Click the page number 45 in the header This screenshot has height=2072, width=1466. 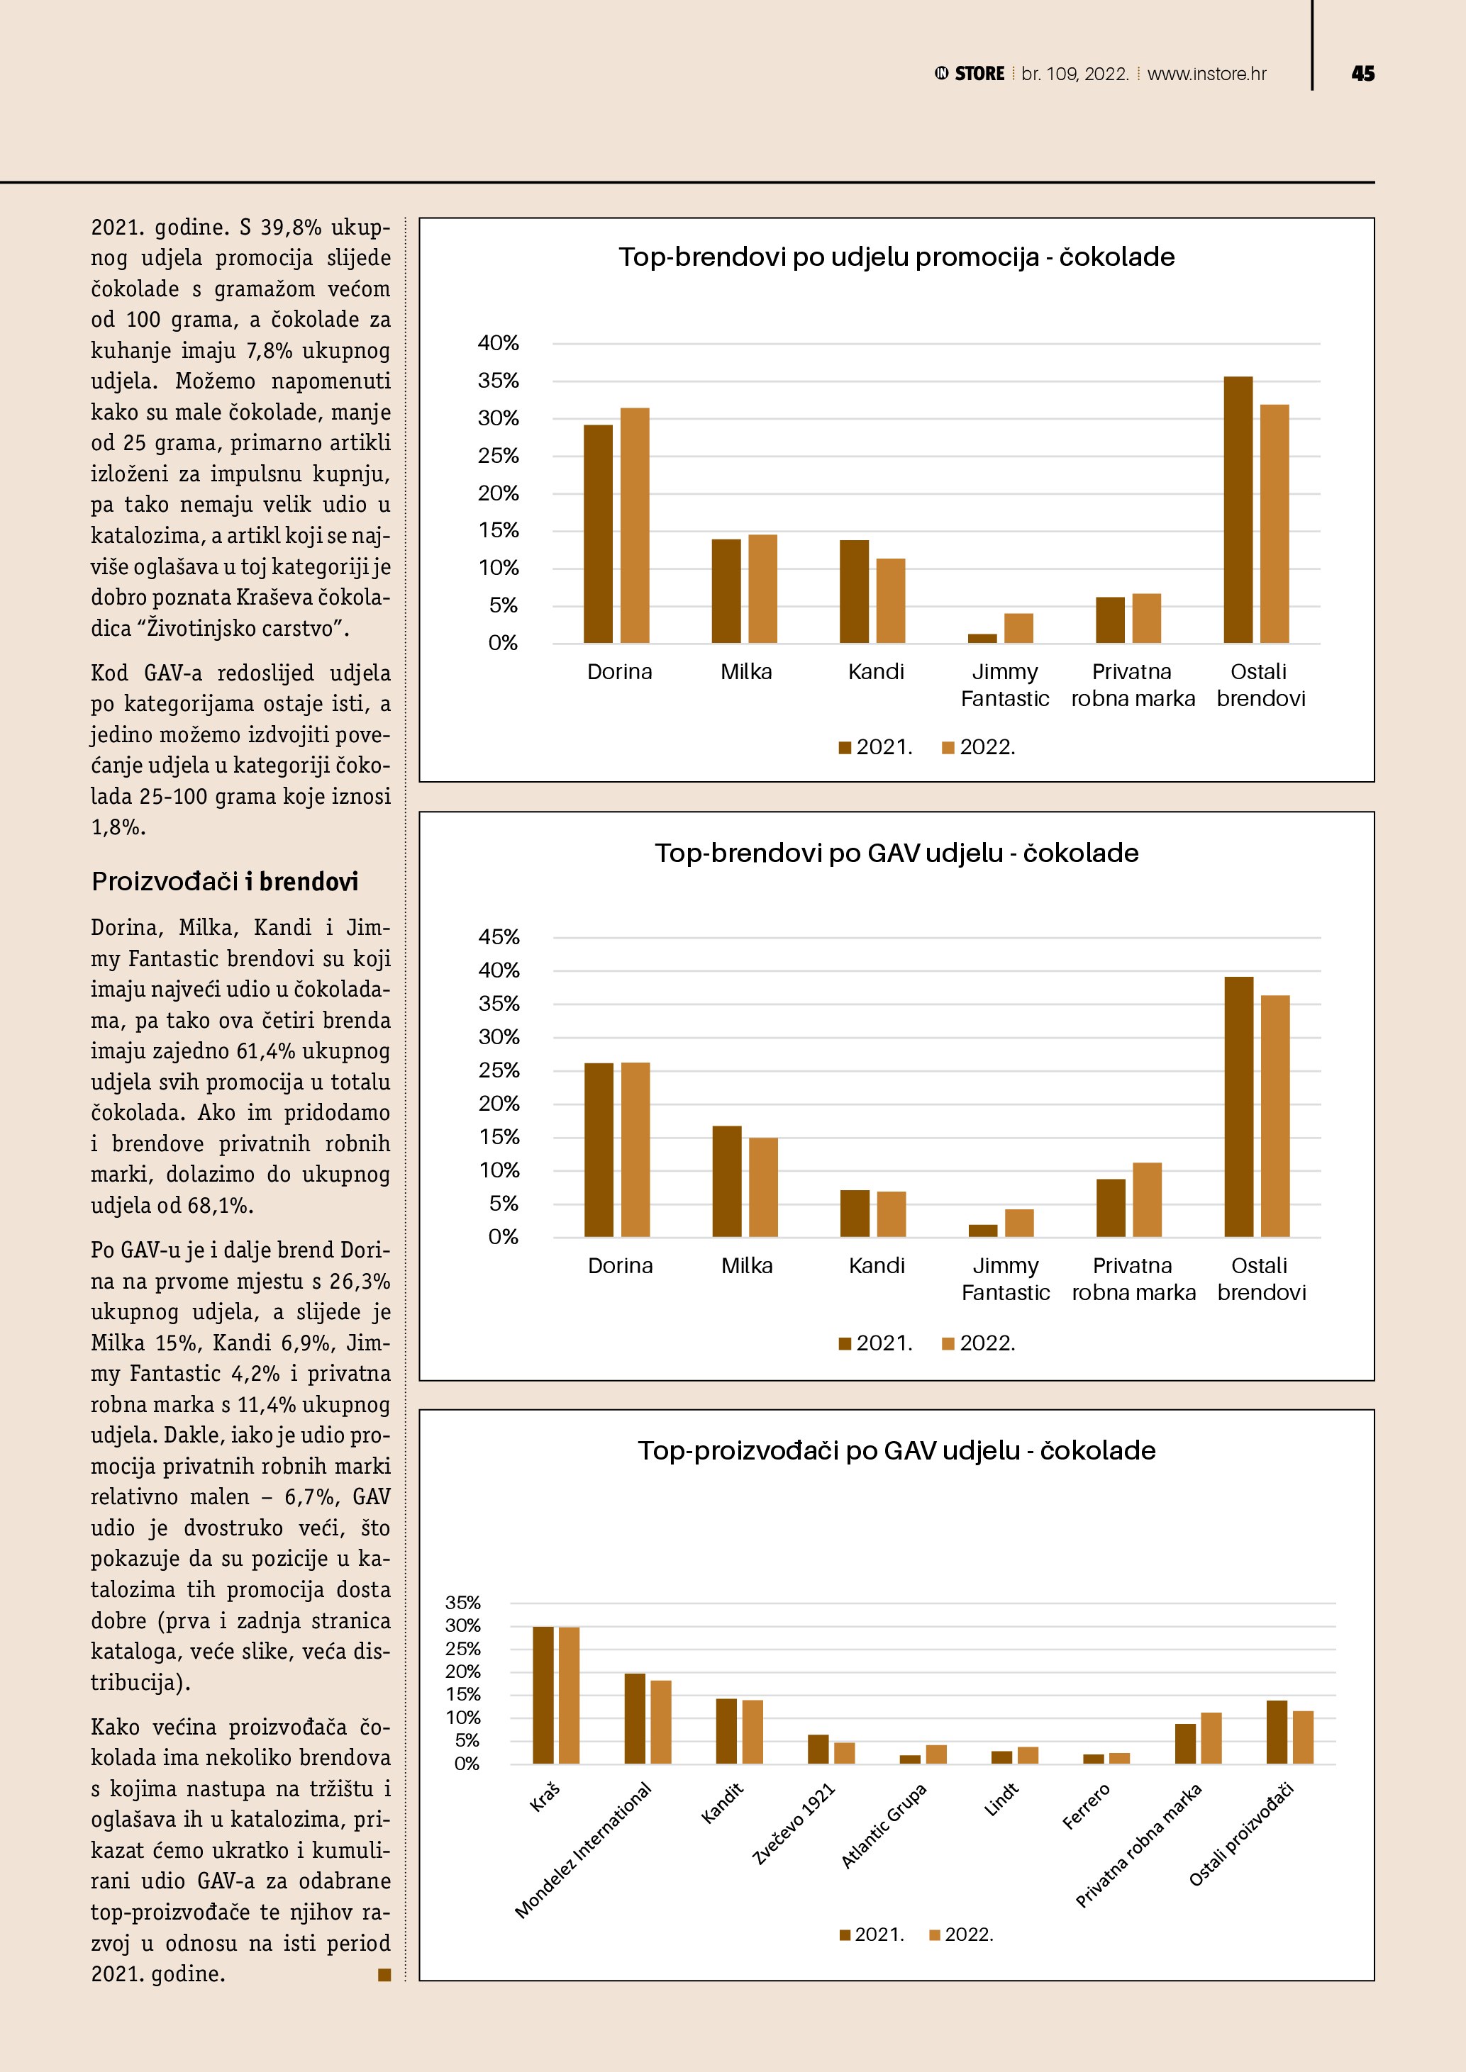pos(1362,74)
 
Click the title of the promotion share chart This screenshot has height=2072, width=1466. pos(896,257)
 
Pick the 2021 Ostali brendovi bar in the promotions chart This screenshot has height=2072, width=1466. pos(1238,510)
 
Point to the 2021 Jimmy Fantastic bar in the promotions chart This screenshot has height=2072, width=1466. pos(982,638)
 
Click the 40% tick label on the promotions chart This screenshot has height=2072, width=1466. pos(499,343)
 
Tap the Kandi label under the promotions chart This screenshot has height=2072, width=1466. pos(876,671)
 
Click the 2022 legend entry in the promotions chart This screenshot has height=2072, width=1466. pos(979,747)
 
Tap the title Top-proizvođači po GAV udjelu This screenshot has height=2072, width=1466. pos(896,1450)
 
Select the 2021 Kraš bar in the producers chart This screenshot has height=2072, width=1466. pos(543,1695)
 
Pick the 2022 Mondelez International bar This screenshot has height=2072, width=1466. pos(661,1722)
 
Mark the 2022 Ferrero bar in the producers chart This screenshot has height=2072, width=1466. pos(1119,1758)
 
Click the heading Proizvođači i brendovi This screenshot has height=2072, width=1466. pos(225,882)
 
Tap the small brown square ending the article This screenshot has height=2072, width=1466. pos(384,1976)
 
